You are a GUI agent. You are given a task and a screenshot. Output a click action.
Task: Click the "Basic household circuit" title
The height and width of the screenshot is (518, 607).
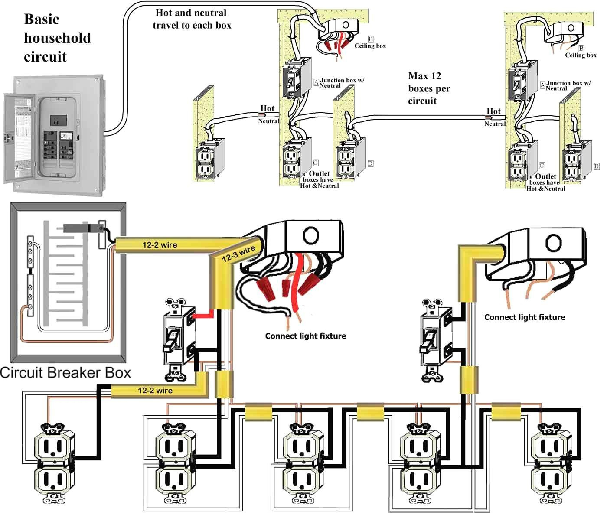click(x=57, y=38)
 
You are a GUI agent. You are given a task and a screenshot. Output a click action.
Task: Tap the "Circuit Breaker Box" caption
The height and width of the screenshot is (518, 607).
click(x=65, y=372)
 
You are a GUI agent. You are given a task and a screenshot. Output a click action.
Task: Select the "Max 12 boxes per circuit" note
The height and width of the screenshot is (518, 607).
click(x=429, y=88)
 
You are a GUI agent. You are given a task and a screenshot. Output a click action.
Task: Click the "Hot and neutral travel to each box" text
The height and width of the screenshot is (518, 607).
click(x=191, y=19)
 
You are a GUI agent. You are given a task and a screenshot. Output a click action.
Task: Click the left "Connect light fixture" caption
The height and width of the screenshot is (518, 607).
click(x=305, y=336)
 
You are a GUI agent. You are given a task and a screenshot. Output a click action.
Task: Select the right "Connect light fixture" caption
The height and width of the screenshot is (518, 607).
click(x=524, y=317)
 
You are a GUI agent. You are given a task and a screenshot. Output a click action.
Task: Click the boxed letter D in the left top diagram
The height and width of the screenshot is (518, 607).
click(x=370, y=163)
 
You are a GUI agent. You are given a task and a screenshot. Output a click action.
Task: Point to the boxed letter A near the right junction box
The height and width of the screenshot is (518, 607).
click(x=542, y=85)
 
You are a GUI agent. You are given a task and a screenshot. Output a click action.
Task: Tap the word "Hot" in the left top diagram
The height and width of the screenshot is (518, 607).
click(x=267, y=108)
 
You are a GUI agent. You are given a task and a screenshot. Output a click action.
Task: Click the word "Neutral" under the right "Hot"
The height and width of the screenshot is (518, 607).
click(x=495, y=124)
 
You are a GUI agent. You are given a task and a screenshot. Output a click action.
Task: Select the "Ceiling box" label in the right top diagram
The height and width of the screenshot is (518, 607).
click(x=581, y=55)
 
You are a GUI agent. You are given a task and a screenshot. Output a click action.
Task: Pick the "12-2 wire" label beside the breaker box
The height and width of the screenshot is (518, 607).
click(x=160, y=245)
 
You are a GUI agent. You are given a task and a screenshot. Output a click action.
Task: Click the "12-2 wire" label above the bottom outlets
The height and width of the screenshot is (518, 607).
click(x=155, y=391)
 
